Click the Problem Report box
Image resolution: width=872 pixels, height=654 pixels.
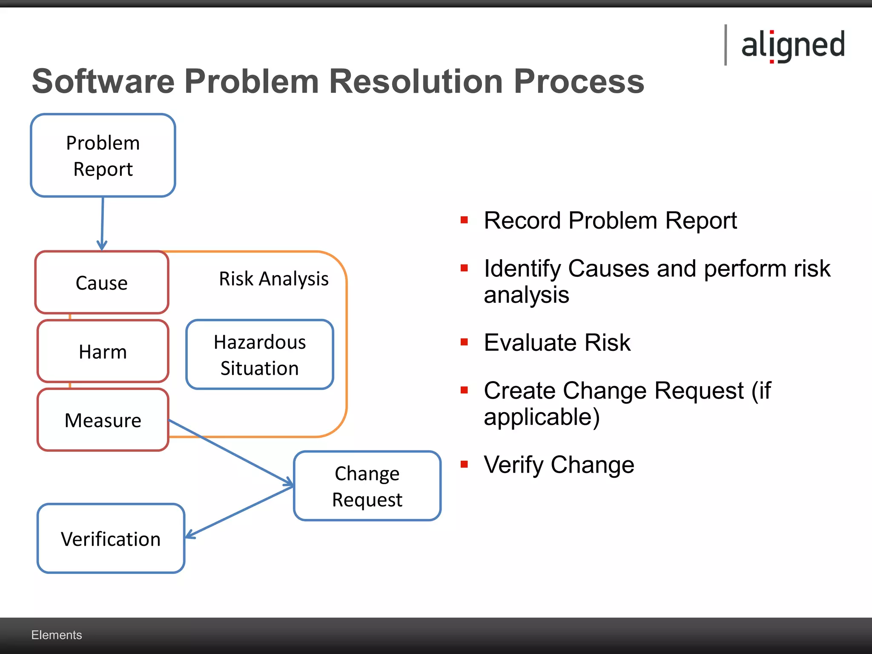tap(103, 155)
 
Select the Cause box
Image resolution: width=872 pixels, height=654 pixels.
tap(102, 283)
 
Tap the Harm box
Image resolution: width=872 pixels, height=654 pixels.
tap(103, 352)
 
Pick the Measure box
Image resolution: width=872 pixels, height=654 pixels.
tap(103, 420)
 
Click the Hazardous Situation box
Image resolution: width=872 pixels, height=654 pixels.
tap(260, 355)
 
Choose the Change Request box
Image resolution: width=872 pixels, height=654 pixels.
tap(367, 486)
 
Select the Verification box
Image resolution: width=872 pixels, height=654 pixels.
tap(111, 539)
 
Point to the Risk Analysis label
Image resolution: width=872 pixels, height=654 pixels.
tap(273, 279)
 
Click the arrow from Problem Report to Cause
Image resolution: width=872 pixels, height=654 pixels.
tap(102, 224)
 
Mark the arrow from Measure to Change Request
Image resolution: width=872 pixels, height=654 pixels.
tap(232, 453)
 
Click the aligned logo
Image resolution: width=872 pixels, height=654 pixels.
tap(792, 45)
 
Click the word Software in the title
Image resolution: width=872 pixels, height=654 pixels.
tap(103, 81)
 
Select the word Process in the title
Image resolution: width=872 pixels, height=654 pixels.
tap(579, 81)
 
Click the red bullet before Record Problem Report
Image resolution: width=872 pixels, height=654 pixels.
tap(464, 220)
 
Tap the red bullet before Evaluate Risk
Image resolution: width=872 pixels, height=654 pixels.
tap(464, 342)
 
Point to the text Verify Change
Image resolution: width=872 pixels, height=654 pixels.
tap(559, 465)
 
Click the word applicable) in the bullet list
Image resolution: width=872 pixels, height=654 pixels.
tap(542, 417)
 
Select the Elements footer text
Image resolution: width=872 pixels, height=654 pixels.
tap(57, 635)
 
